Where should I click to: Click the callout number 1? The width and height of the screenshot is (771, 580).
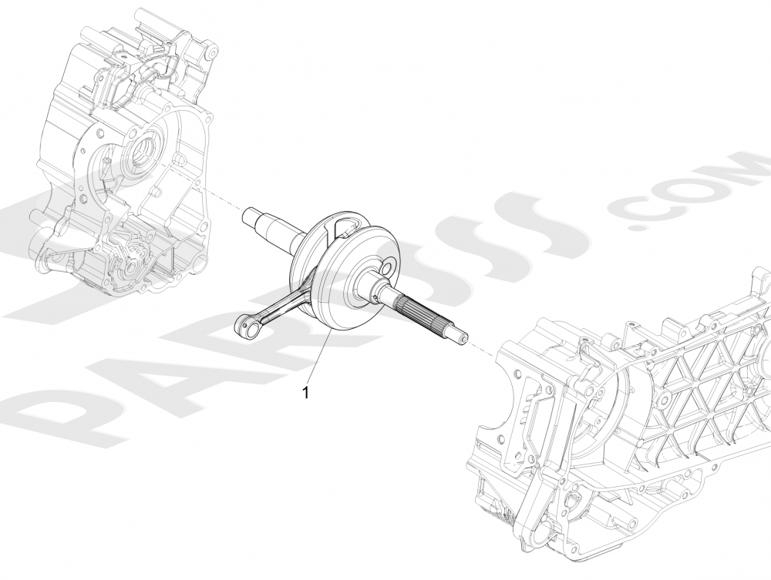point(306,392)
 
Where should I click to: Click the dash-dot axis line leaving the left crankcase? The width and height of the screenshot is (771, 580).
point(220,196)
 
